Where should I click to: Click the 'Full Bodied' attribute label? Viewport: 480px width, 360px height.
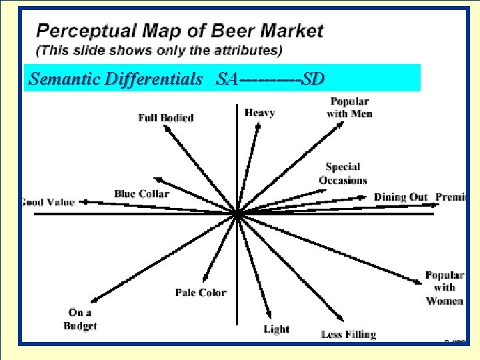click(x=165, y=118)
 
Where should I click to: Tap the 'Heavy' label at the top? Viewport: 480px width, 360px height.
click(x=259, y=113)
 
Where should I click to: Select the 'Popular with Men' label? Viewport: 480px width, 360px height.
click(x=349, y=107)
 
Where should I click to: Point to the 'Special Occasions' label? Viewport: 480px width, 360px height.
click(x=343, y=173)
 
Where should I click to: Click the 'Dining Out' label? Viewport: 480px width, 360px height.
click(x=400, y=197)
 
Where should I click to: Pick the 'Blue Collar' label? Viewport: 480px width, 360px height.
click(x=141, y=194)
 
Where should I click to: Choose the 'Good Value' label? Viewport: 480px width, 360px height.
click(x=47, y=202)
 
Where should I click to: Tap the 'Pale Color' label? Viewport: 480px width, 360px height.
click(x=201, y=292)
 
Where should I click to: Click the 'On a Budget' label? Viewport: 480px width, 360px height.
click(x=80, y=319)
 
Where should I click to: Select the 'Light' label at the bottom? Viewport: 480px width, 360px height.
click(x=276, y=329)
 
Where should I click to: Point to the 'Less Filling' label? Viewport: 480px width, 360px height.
click(x=348, y=334)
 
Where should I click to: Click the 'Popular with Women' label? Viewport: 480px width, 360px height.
click(x=445, y=288)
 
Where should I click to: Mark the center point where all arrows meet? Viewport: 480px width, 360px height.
click(x=238, y=214)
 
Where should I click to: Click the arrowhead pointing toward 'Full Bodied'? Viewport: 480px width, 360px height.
click(x=166, y=129)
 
